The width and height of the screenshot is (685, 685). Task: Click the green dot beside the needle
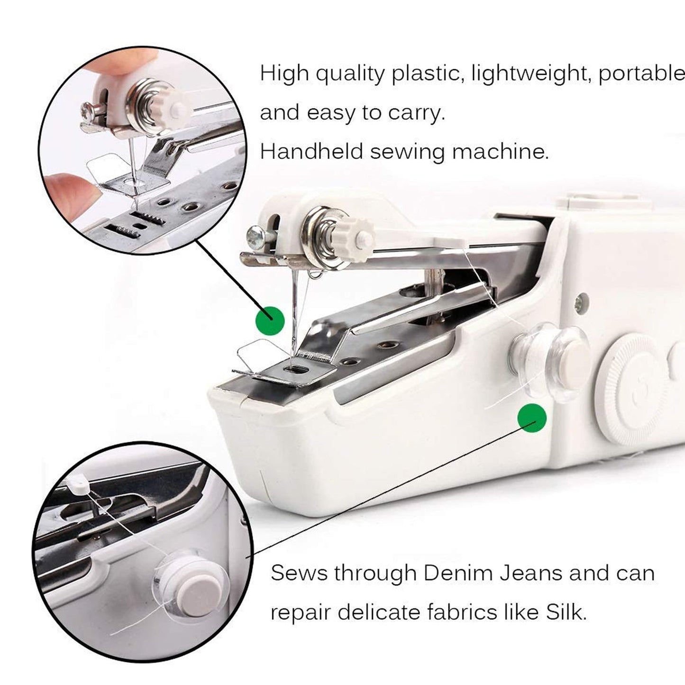tap(270, 321)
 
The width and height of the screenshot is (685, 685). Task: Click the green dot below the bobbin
tap(532, 418)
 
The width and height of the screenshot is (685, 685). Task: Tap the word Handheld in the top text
tap(311, 152)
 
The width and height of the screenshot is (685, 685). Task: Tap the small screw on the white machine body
tap(579, 302)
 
